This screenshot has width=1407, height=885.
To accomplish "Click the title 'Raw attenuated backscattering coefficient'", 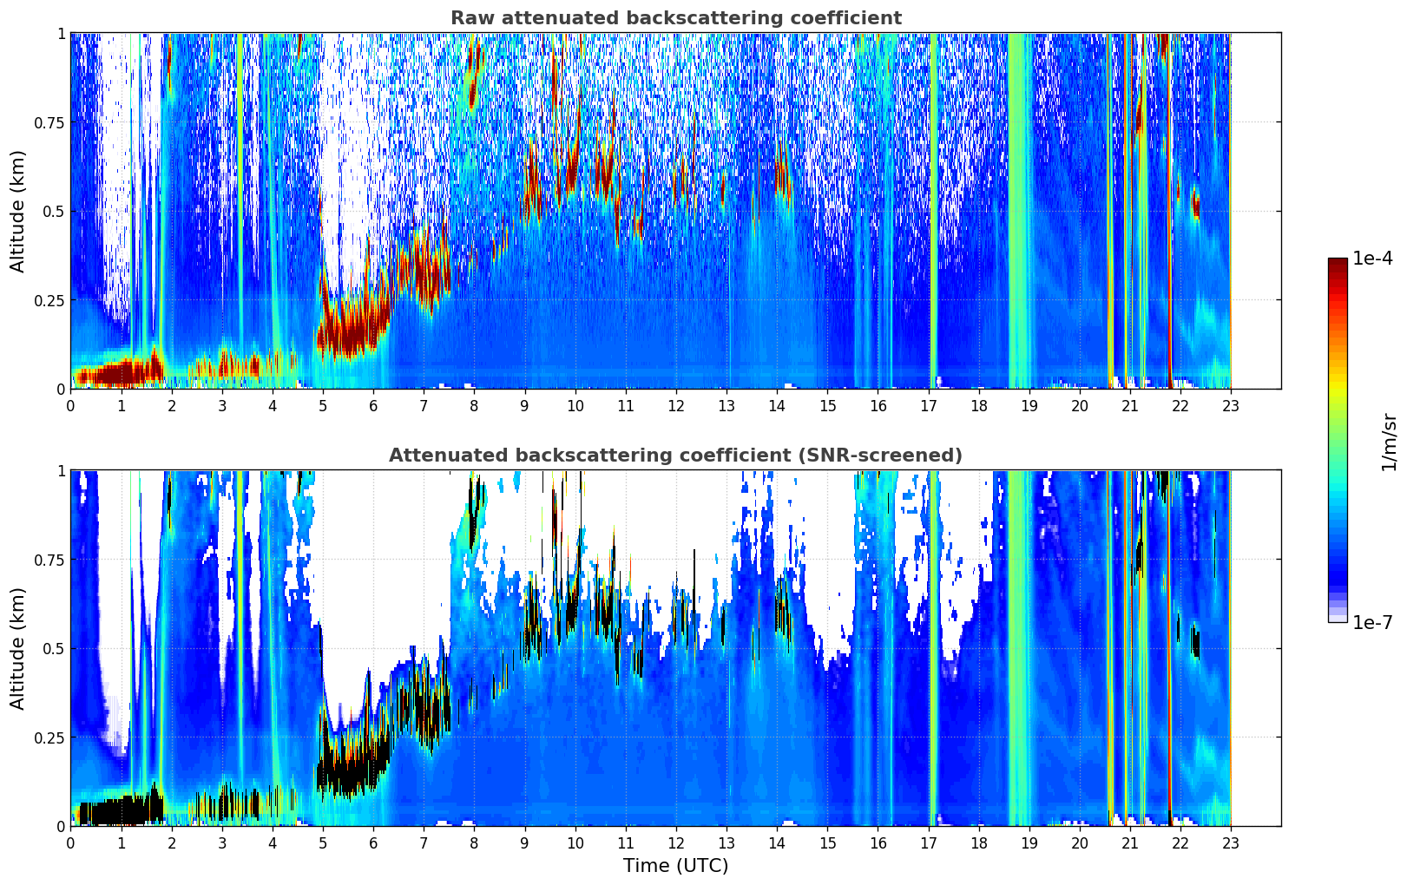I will pos(675,18).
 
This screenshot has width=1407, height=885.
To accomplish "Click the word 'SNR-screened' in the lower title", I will pos(893,456).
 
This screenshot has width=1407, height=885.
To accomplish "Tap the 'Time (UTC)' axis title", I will pos(675,866).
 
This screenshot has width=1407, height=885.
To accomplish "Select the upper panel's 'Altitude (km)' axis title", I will pos(18,211).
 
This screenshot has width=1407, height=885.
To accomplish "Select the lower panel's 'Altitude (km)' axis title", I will pos(18,648).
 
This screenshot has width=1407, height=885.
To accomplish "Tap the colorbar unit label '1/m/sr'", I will pos(1389,442).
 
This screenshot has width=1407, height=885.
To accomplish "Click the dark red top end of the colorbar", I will pos(1338,263).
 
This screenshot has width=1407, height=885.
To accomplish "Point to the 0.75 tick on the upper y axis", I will pos(49,122).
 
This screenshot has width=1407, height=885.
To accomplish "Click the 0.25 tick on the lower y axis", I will pos(49,737).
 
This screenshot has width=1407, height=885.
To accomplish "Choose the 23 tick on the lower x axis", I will pos(1231,842).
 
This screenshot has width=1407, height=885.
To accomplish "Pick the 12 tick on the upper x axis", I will pos(676,405).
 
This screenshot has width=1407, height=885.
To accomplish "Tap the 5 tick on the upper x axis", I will pos(323,405).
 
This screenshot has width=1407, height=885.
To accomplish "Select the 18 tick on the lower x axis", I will pos(979,842).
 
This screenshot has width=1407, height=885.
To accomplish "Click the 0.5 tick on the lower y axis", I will pos(54,648).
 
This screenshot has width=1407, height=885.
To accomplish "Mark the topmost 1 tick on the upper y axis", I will pos(61,33).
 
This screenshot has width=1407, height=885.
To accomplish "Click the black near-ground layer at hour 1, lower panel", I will pos(121,812).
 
